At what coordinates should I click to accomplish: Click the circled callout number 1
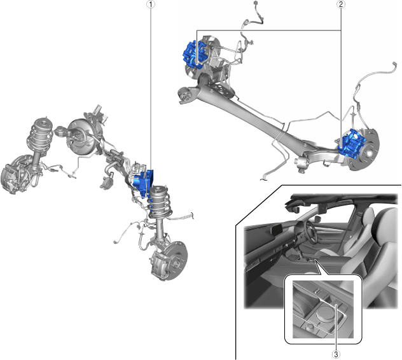(x=151, y=4)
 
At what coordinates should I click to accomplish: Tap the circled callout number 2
(x=341, y=4)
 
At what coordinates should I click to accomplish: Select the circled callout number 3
(x=336, y=355)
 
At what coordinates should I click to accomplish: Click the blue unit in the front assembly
(x=144, y=183)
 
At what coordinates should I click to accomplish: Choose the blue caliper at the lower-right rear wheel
(x=352, y=143)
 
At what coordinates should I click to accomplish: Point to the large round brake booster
(x=79, y=137)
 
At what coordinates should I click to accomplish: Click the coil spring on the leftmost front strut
(x=40, y=136)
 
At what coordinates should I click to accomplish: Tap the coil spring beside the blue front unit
(x=160, y=204)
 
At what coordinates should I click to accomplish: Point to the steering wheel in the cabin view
(x=312, y=232)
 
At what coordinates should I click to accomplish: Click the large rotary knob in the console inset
(x=325, y=314)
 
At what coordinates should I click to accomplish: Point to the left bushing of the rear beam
(x=185, y=95)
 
